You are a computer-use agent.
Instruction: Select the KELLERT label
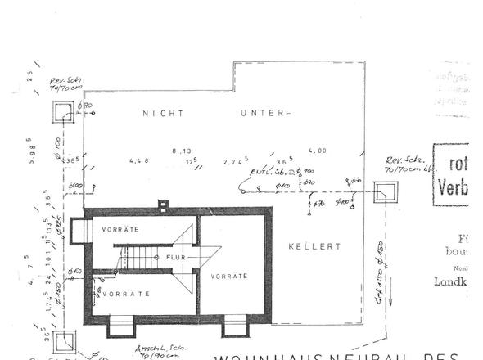click(314, 245)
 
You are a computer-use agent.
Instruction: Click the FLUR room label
click(176, 257)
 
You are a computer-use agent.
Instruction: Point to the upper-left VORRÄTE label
click(120, 230)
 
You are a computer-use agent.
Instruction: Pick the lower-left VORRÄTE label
click(125, 292)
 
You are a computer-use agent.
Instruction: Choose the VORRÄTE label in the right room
click(229, 277)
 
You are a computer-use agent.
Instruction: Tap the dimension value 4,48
click(139, 161)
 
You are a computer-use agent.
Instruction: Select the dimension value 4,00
click(317, 151)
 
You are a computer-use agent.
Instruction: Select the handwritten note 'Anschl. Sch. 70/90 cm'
click(157, 353)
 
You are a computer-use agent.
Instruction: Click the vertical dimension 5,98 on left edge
click(29, 151)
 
